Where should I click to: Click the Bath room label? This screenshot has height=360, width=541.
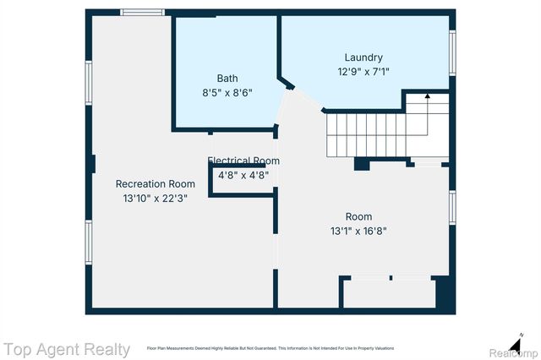tap(227, 78)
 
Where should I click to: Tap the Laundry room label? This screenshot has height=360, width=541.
tap(363, 57)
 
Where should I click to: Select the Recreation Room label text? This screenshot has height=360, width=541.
tap(156, 183)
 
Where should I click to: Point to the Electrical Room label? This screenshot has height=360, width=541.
tap(243, 161)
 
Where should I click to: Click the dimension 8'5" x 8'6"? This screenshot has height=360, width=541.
tap(227, 92)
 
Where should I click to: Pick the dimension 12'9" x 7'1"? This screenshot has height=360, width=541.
tap(363, 72)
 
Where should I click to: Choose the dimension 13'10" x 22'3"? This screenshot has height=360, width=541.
tap(156, 198)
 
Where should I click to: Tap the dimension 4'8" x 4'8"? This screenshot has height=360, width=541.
tap(243, 176)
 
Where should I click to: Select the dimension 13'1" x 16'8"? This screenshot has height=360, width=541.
tap(358, 231)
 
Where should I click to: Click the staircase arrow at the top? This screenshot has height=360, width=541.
tap(427, 97)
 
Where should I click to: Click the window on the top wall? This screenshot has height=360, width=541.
tap(142, 12)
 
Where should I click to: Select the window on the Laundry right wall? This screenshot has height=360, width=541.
tap(452, 52)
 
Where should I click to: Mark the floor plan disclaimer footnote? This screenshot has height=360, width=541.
tap(270, 348)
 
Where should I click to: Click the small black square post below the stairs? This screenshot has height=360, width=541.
tap(361, 164)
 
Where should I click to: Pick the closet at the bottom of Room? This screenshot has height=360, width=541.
tap(389, 293)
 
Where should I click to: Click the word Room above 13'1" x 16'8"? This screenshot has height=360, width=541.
tap(358, 216)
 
